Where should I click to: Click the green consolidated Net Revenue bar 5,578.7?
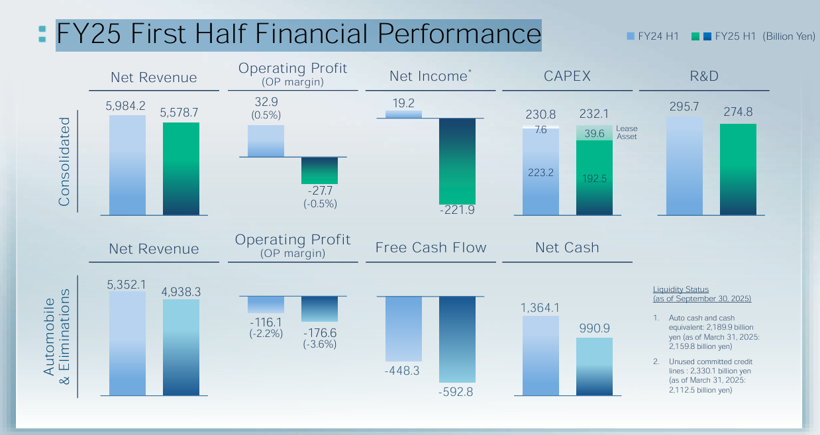[181, 168]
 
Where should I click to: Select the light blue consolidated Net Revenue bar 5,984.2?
[127, 165]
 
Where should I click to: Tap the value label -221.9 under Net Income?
[457, 210]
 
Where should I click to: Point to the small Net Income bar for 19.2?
[403, 114]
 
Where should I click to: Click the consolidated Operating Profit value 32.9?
[266, 102]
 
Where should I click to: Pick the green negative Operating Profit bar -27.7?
[319, 170]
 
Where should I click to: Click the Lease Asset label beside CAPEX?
[627, 132]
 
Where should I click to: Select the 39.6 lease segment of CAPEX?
[594, 133]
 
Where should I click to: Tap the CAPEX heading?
[567, 76]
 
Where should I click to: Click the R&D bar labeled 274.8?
[738, 169]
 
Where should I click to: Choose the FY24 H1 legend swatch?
[630, 36]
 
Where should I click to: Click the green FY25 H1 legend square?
[695, 36]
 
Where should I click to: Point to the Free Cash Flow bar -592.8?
[457, 339]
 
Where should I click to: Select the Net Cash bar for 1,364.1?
[540, 356]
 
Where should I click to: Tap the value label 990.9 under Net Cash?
[594, 328]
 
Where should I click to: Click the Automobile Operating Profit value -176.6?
[319, 332]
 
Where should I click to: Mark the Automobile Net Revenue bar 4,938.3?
[181, 347]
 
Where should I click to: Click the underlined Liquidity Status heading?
[681, 289]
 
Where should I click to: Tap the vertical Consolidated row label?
[64, 162]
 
